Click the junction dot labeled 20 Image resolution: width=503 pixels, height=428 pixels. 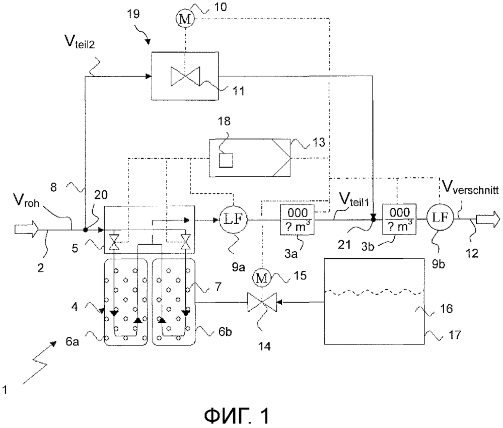(86, 230)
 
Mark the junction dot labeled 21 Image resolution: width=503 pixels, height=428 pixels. (373, 219)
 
